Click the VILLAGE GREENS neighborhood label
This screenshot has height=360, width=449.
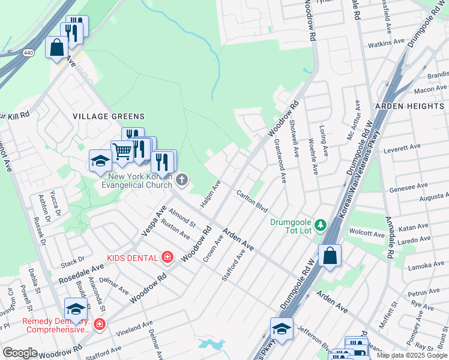[109, 116]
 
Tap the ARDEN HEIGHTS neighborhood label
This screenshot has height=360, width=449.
[409, 106]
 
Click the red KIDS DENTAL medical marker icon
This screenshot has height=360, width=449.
[167, 257]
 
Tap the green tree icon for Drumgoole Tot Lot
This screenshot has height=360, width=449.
[321, 224]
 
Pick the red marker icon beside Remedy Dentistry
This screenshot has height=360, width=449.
[100, 325]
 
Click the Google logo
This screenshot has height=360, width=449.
[20, 353]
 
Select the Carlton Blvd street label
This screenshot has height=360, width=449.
[252, 200]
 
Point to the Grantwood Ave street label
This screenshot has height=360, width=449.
[279, 160]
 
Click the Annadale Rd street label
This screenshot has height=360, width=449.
[389, 238]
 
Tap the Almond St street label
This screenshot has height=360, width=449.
[182, 217]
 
